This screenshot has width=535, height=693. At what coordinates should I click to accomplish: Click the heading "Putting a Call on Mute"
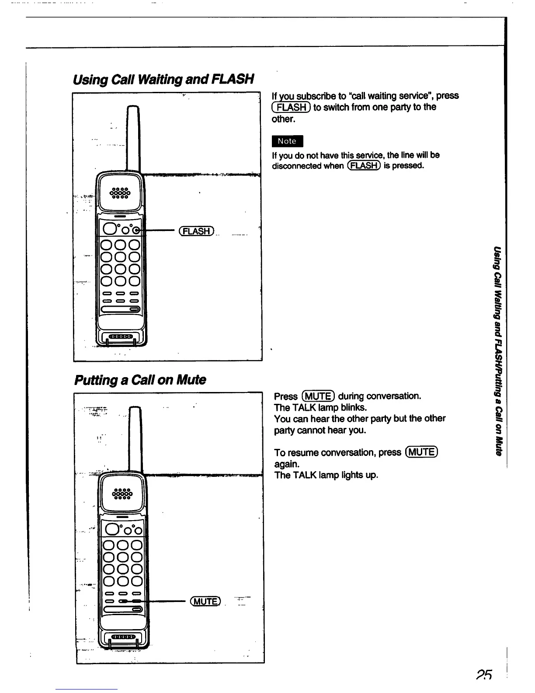tap(140, 379)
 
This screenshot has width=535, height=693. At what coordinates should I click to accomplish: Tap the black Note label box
tap(287, 141)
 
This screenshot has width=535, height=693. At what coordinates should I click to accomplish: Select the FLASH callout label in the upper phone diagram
tap(197, 231)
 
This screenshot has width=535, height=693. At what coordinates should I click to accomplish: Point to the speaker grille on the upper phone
tap(120, 193)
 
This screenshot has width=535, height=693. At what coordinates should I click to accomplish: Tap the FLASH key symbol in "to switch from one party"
tap(291, 107)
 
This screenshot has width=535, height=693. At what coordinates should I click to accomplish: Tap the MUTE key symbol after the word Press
tap(318, 396)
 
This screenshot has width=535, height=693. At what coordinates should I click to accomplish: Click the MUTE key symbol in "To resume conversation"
tap(421, 452)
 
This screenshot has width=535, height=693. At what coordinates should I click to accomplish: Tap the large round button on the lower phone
tap(111, 529)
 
